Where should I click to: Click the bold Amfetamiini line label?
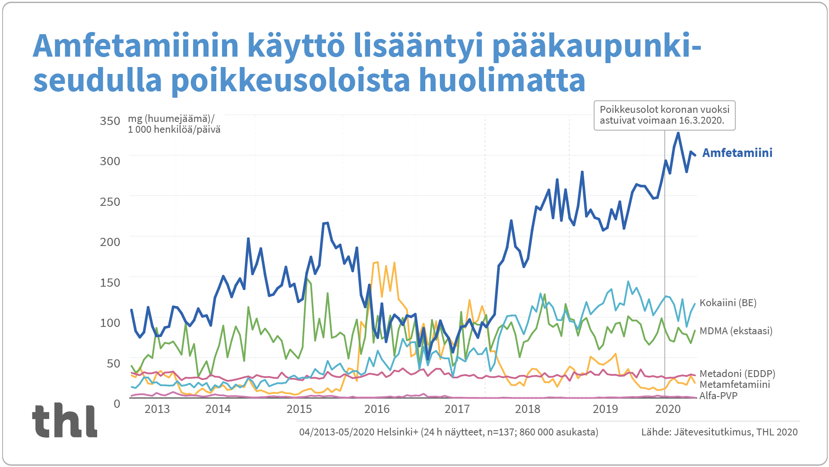737,153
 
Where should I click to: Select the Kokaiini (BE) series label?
728,303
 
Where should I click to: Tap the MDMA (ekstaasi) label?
736,331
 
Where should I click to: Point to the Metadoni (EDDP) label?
737,374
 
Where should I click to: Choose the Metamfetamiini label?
734,384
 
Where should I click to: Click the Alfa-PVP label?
718,396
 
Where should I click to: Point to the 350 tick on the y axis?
110,121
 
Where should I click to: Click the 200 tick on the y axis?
110,242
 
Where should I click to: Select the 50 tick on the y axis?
114,363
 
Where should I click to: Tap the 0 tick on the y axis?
117,403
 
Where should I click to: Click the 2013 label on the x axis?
157,409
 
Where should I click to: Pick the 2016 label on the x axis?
377,409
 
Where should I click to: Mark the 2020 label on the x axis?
668,409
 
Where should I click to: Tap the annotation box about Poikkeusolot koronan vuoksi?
664,115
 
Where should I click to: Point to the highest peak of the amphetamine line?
678,133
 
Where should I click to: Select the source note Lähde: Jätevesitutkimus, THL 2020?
719,432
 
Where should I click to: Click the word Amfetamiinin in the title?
136,46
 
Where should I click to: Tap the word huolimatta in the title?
502,80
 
